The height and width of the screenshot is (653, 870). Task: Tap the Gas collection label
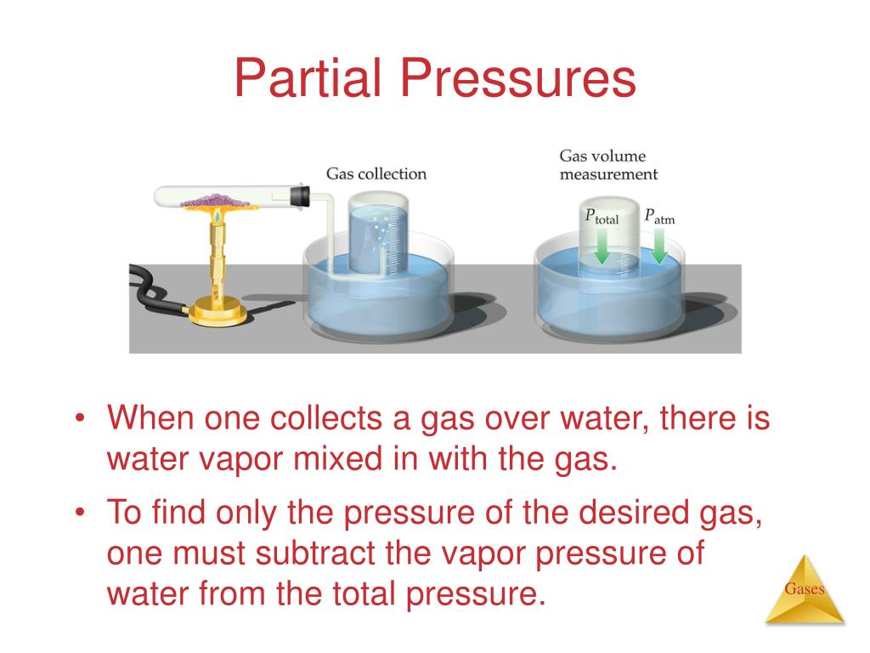click(376, 173)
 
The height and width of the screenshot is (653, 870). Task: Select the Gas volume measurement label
click(607, 165)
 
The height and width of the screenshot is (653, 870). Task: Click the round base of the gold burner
click(218, 313)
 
